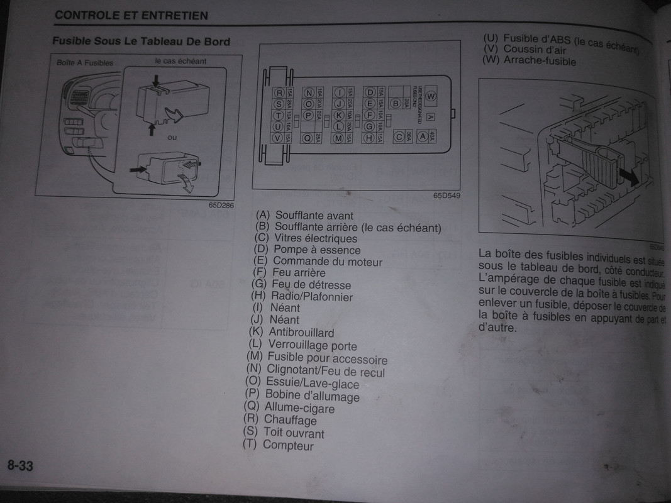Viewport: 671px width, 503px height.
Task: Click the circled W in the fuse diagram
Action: point(431,96)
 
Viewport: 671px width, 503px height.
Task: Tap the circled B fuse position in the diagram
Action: point(396,104)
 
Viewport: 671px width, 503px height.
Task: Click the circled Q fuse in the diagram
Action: point(308,138)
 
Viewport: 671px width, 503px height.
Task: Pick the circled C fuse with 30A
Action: point(399,136)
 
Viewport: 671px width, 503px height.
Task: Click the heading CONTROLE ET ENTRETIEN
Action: point(131,15)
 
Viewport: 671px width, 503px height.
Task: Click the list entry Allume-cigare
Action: point(299,408)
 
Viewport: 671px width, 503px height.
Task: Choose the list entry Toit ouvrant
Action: point(294,433)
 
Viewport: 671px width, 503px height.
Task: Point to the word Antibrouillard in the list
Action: point(301,332)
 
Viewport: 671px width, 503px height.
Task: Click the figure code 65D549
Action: point(446,195)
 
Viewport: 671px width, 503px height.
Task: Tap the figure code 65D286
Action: point(219,204)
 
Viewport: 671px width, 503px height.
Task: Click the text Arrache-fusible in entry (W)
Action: point(540,62)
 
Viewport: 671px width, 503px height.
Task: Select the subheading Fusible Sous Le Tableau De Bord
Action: point(141,42)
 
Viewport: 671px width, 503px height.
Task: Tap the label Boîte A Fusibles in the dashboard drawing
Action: point(85,63)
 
